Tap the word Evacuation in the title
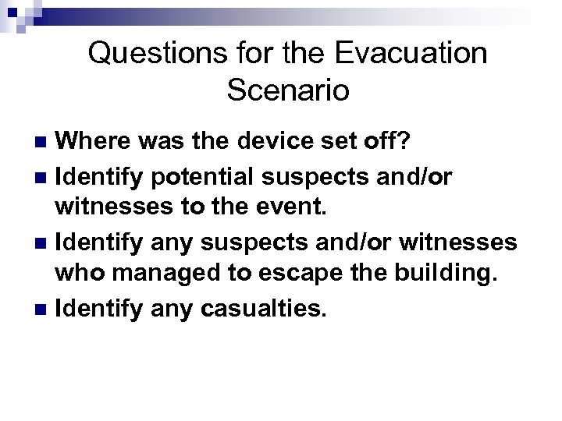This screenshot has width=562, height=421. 406,54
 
